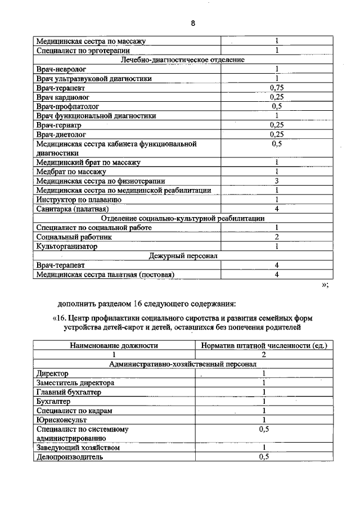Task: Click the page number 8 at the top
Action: point(193,23)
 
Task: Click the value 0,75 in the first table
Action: point(276,88)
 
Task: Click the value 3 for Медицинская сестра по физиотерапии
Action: point(277,181)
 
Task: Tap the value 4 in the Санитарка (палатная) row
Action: point(277,209)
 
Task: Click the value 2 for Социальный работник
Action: point(277,237)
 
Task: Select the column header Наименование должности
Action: point(113,345)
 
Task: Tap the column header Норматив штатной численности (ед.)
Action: point(263,345)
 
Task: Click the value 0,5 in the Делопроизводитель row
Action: point(264,457)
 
